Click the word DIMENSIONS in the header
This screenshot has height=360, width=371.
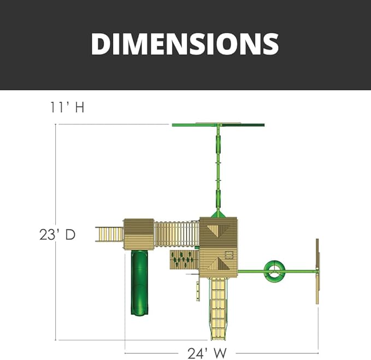coord(185,44)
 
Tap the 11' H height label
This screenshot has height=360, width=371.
coord(67,107)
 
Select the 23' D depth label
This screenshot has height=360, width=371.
coord(57,235)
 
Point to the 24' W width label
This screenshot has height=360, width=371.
coord(207,353)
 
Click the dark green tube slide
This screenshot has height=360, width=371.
coord(139,282)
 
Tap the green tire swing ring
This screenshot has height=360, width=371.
coord(274,272)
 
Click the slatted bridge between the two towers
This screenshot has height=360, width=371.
coord(176,234)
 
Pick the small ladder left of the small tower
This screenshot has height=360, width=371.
coord(109,234)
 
